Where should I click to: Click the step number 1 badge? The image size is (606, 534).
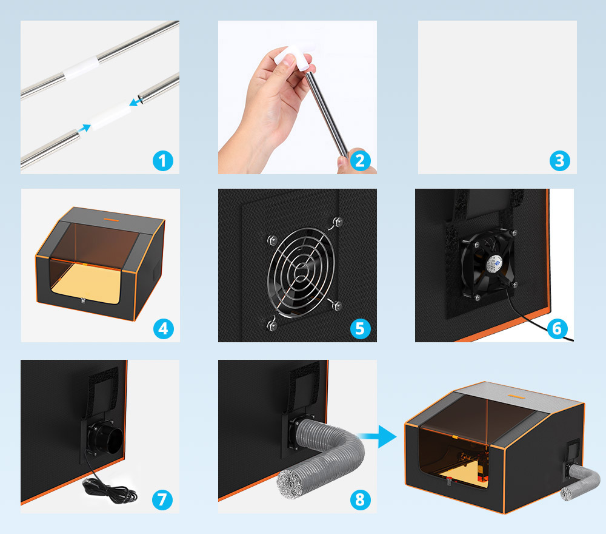pyautogui.click(x=162, y=161)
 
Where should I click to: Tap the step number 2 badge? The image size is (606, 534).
pyautogui.click(x=360, y=161)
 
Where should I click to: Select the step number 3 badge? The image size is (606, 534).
pyautogui.click(x=559, y=161)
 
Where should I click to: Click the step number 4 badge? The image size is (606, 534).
pyautogui.click(x=162, y=328)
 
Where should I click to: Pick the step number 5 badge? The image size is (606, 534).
pyautogui.click(x=360, y=328)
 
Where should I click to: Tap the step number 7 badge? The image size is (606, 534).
pyautogui.click(x=162, y=499)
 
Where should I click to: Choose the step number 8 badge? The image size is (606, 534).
pyautogui.click(x=360, y=499)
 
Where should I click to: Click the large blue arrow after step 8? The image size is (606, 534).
pyautogui.click(x=382, y=436)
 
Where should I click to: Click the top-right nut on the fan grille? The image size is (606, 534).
pyautogui.click(x=336, y=221)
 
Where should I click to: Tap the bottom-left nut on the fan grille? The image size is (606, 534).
pyautogui.click(x=273, y=326)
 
